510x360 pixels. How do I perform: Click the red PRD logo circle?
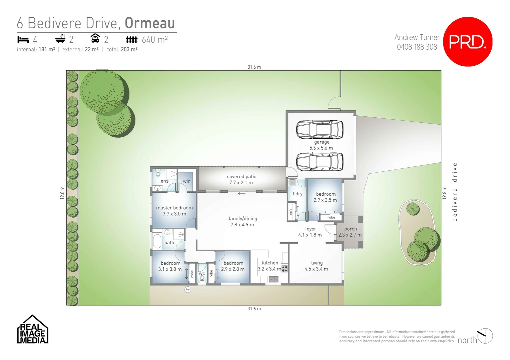(x=468, y=42)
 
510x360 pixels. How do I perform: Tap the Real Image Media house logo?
(x=33, y=330)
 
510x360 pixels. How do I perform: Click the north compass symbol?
(x=485, y=336)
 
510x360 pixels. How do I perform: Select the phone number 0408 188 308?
(x=417, y=47)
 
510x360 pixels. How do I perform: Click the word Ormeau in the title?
(x=150, y=23)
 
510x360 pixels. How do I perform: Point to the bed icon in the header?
(x=23, y=40)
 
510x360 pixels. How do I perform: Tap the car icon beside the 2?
(x=95, y=39)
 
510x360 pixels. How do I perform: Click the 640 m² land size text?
(x=154, y=40)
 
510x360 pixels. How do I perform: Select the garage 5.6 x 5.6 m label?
(x=321, y=145)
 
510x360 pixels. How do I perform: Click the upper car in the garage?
(x=320, y=129)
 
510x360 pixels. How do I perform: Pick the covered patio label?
(x=241, y=180)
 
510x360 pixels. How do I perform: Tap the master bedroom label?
(x=174, y=211)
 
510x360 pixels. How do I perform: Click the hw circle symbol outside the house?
(x=188, y=289)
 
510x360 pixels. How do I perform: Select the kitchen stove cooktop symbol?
(x=284, y=268)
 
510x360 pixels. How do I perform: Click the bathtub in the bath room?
(x=157, y=241)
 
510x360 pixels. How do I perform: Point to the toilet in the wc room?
(x=202, y=278)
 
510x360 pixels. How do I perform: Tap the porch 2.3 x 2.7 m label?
(x=350, y=232)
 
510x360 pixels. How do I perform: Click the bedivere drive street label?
(x=455, y=192)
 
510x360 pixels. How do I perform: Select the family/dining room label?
(x=242, y=222)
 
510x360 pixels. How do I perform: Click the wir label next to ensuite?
(x=186, y=181)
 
